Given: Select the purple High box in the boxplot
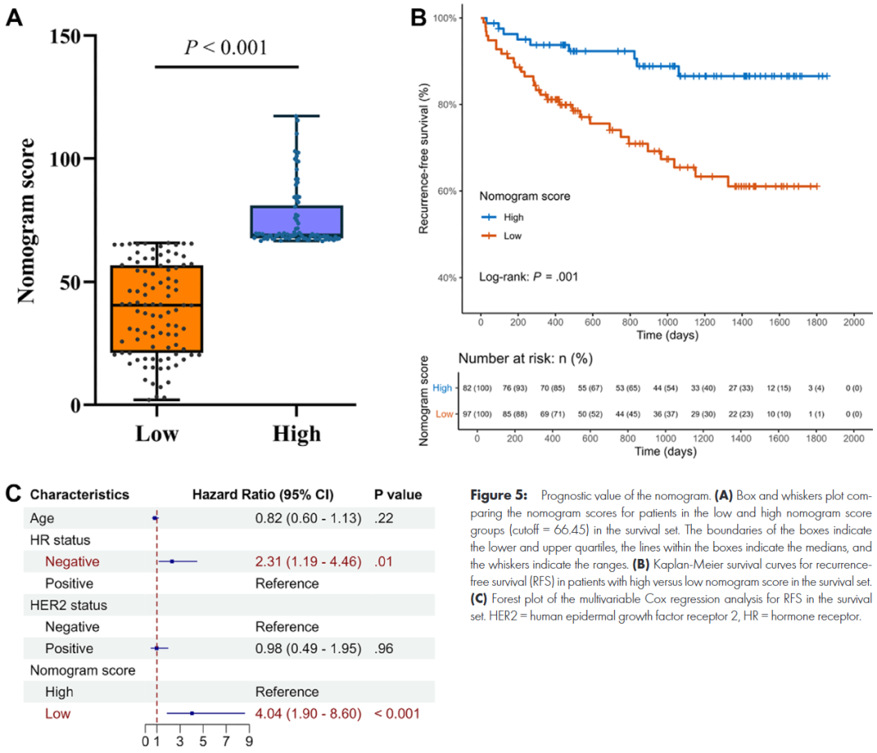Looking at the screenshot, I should [x=296, y=222].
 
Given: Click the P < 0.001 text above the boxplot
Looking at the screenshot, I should [x=226, y=47].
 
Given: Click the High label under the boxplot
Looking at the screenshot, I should [x=296, y=433].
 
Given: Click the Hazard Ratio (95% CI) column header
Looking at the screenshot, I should [x=262, y=494].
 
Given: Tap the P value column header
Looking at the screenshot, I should [x=397, y=494].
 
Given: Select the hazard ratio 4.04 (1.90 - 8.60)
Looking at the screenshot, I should [x=308, y=714].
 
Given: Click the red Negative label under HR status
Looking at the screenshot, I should [x=72, y=560].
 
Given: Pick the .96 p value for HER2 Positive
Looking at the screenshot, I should [x=384, y=648].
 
